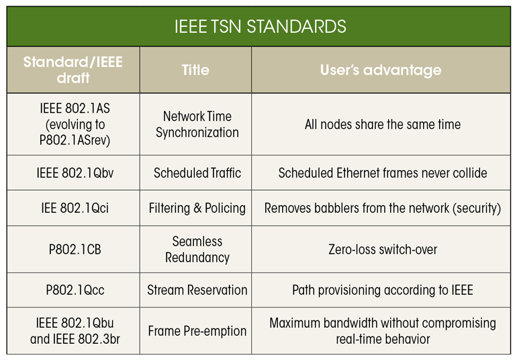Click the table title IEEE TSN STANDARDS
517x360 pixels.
(259, 27)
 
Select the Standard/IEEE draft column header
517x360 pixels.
(73, 70)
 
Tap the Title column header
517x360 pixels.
(195, 70)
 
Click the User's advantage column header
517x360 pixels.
(381, 70)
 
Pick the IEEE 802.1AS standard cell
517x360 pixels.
(73, 124)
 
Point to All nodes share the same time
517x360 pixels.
(382, 124)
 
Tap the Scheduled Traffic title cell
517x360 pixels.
(197, 173)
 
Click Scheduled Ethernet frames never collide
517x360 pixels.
(382, 173)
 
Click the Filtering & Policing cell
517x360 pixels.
(197, 208)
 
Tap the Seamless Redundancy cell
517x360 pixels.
(197, 249)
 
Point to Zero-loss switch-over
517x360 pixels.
(382, 249)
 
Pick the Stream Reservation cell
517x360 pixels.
(197, 290)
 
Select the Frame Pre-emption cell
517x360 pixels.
(197, 331)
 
